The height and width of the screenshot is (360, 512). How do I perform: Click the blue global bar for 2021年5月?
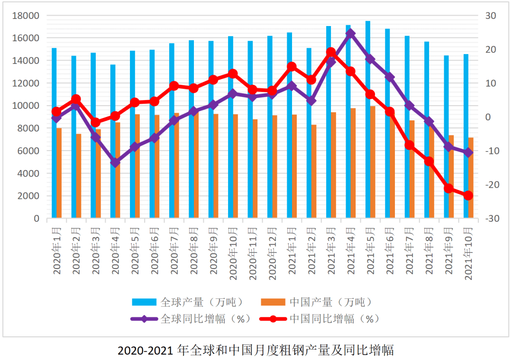click(x=368, y=118)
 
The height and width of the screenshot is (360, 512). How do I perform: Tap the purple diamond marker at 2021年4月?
click(x=350, y=34)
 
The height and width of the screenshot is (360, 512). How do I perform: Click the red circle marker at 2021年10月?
click(x=468, y=196)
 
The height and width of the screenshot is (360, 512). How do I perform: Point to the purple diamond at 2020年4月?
click(x=115, y=162)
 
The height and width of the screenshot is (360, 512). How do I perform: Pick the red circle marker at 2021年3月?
click(x=331, y=52)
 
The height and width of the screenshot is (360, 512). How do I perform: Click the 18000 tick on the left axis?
click(x=26, y=16)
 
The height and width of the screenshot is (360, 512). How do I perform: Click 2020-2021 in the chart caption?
click(x=145, y=351)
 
